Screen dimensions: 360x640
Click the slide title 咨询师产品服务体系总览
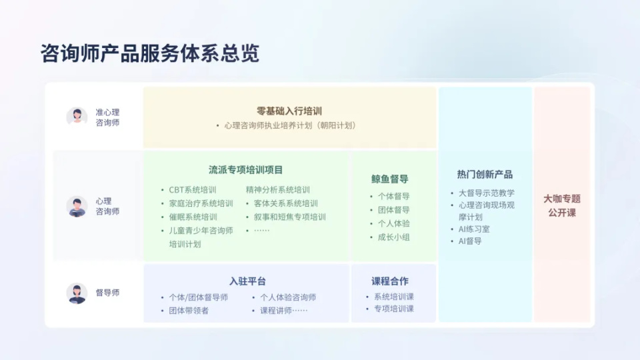point(150,53)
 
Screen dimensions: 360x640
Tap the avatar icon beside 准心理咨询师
point(77,117)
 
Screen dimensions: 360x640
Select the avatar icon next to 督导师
point(77,293)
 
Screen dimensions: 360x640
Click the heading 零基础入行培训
point(289,111)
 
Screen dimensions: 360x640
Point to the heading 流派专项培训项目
point(245,170)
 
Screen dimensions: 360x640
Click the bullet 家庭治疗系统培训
point(201,203)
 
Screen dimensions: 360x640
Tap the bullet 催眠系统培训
point(193,217)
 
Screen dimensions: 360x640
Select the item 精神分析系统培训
point(277,190)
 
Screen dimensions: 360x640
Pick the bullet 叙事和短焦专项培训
point(289,217)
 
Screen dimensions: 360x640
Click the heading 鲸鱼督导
point(390,179)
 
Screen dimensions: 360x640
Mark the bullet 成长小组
point(393,237)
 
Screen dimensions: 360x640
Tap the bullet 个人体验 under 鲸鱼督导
point(393,224)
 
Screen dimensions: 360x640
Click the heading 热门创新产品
point(485,175)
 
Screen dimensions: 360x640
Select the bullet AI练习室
point(474,229)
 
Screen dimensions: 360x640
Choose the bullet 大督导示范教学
point(486,193)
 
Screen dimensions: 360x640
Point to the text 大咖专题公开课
point(562,205)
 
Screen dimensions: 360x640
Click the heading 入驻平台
point(247,281)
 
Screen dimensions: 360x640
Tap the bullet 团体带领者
point(188,311)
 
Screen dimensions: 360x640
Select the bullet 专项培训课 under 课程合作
point(393,309)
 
